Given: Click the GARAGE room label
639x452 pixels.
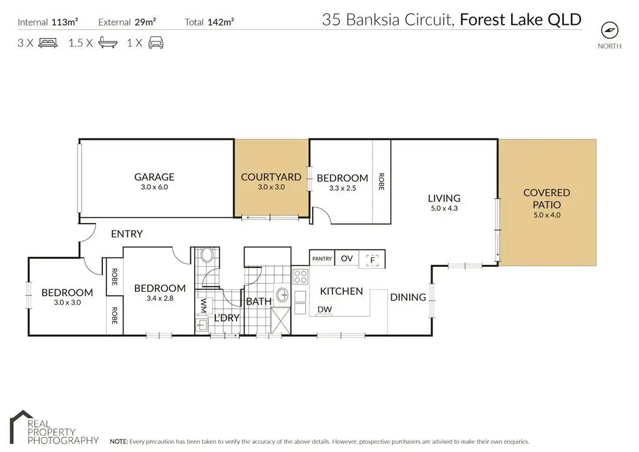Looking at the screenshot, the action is (x=154, y=177).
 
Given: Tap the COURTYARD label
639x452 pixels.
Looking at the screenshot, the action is (x=271, y=177).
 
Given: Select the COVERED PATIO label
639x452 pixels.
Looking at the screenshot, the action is (x=547, y=199).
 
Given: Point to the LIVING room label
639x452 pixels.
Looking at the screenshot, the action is (x=444, y=198).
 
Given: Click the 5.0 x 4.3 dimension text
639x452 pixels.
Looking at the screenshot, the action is (x=444, y=208).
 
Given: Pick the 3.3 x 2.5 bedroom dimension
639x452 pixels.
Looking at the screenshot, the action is (x=343, y=188).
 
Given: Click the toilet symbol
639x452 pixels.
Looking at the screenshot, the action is (x=207, y=255).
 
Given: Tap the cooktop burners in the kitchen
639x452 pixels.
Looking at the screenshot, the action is (x=301, y=276).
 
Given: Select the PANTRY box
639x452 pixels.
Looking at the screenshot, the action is (x=322, y=258).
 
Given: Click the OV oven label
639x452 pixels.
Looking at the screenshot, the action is (x=346, y=258).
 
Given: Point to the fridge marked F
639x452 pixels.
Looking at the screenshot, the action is (x=372, y=260).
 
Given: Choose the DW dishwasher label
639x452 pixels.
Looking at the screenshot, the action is (x=324, y=309).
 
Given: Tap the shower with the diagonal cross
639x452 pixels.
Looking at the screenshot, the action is (x=280, y=321).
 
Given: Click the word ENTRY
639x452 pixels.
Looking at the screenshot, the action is (x=127, y=234).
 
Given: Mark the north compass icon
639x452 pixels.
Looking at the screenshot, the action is (x=609, y=30).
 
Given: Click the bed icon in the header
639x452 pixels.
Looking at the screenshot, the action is (x=47, y=43).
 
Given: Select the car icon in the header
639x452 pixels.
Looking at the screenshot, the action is (x=155, y=43).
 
